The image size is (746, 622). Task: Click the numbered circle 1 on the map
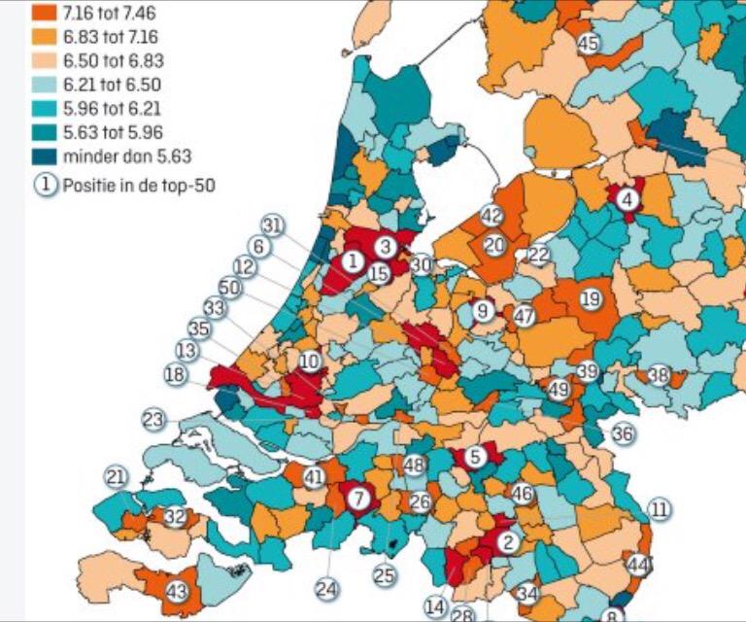(x=352, y=260)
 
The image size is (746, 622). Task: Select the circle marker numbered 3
(x=385, y=247)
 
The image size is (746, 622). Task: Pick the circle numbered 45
(x=588, y=43)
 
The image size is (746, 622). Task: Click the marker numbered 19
(x=591, y=299)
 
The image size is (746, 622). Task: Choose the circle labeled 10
(x=310, y=362)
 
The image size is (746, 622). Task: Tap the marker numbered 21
(x=117, y=477)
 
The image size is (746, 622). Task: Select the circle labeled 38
(x=659, y=374)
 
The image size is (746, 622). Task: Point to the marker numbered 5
(x=475, y=456)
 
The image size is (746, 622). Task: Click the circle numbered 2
(x=506, y=542)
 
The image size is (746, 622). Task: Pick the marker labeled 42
(x=492, y=216)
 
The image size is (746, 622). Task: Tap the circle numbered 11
(x=661, y=509)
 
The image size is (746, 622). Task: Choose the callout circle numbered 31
(x=273, y=226)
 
